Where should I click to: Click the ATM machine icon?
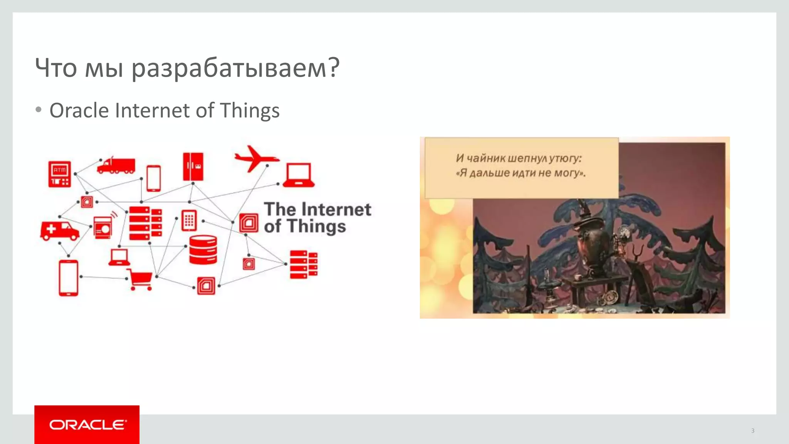coord(59,174)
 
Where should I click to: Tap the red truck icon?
coord(116,165)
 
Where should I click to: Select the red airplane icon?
coord(255,158)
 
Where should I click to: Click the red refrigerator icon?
coord(193,166)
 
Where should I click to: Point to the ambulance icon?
coord(60,230)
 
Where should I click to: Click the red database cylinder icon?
coord(203,250)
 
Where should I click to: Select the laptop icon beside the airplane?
coord(299,175)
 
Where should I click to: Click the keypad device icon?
coord(189,220)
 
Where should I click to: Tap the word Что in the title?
coord(56,68)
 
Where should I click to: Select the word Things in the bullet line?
coord(250,111)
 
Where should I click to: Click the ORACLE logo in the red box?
coord(87,425)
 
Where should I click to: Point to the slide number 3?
coord(752,431)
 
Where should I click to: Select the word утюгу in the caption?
coord(565,158)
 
